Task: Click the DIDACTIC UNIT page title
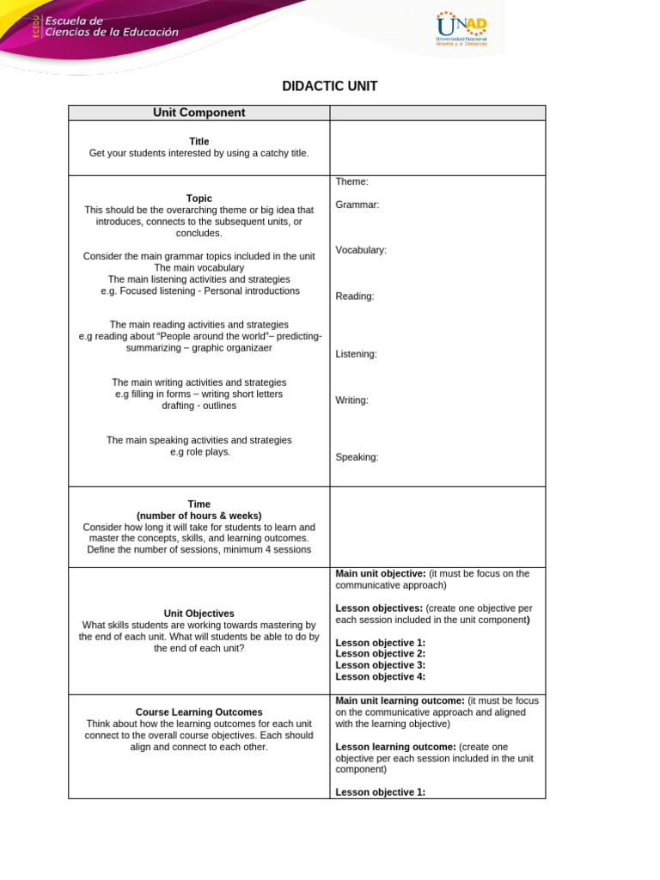(x=330, y=86)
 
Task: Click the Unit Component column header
(x=199, y=113)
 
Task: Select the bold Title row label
(x=199, y=142)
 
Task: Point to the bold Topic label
(x=199, y=199)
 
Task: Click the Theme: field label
(x=351, y=181)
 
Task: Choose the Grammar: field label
(x=357, y=205)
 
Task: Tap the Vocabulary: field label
(x=361, y=250)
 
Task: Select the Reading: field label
(x=355, y=296)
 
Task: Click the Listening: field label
(x=356, y=354)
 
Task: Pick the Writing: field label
(x=351, y=400)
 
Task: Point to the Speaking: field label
(x=357, y=457)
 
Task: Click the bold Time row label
(x=199, y=504)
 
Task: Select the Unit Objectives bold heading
(x=199, y=614)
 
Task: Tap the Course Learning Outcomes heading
(x=199, y=712)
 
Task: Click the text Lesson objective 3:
(x=380, y=665)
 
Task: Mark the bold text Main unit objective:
(x=381, y=573)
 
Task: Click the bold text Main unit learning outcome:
(x=400, y=700)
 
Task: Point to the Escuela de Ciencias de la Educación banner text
(x=112, y=27)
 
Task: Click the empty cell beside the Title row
(x=437, y=148)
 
